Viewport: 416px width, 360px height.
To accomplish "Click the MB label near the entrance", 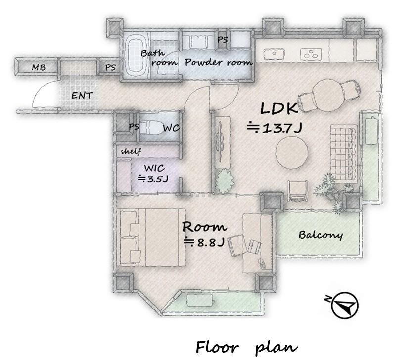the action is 39,68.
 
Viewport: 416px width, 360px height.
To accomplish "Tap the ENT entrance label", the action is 82,95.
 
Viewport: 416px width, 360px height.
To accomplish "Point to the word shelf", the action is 131,151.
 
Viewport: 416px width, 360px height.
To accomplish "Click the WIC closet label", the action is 154,168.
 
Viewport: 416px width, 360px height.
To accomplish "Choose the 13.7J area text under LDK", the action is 275,128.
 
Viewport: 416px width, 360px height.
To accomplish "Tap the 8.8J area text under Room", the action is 205,242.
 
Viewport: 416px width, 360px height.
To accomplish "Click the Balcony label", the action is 321,235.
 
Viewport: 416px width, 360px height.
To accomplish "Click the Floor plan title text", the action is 247,348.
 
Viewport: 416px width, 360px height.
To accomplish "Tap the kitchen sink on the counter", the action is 274,54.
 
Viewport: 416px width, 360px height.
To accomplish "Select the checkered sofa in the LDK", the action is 343,153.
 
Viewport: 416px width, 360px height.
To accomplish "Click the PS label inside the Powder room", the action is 223,40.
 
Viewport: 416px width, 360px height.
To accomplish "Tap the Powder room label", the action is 218,63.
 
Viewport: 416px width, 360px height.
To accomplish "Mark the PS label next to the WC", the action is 134,127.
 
